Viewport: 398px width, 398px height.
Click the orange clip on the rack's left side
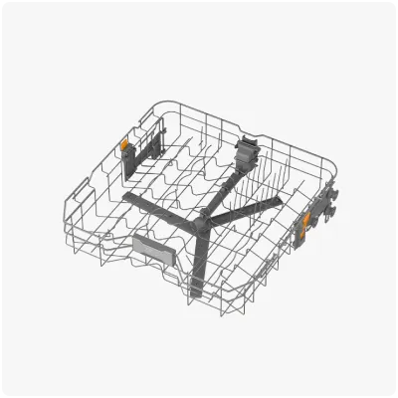click(x=125, y=147)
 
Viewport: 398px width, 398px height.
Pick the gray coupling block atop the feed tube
click(x=243, y=150)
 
